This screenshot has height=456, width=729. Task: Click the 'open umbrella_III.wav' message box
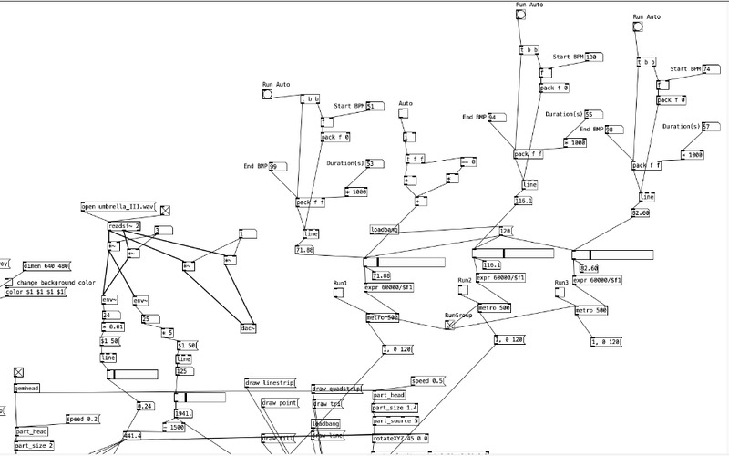pyautogui.click(x=119, y=207)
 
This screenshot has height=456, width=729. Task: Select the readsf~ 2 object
pyautogui.click(x=124, y=226)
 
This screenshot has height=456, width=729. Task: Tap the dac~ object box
pyautogui.click(x=246, y=327)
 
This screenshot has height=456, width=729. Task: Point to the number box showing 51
pyautogui.click(x=375, y=106)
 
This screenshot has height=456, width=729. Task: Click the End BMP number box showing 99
pyautogui.click(x=277, y=166)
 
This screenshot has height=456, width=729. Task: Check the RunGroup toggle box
pyautogui.click(x=449, y=324)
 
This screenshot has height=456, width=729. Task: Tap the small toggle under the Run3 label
pyautogui.click(x=561, y=293)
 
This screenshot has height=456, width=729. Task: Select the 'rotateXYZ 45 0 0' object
pyautogui.click(x=401, y=438)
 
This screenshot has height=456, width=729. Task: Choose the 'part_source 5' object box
pyautogui.click(x=395, y=421)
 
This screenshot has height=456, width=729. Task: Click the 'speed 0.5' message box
pyautogui.click(x=426, y=381)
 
